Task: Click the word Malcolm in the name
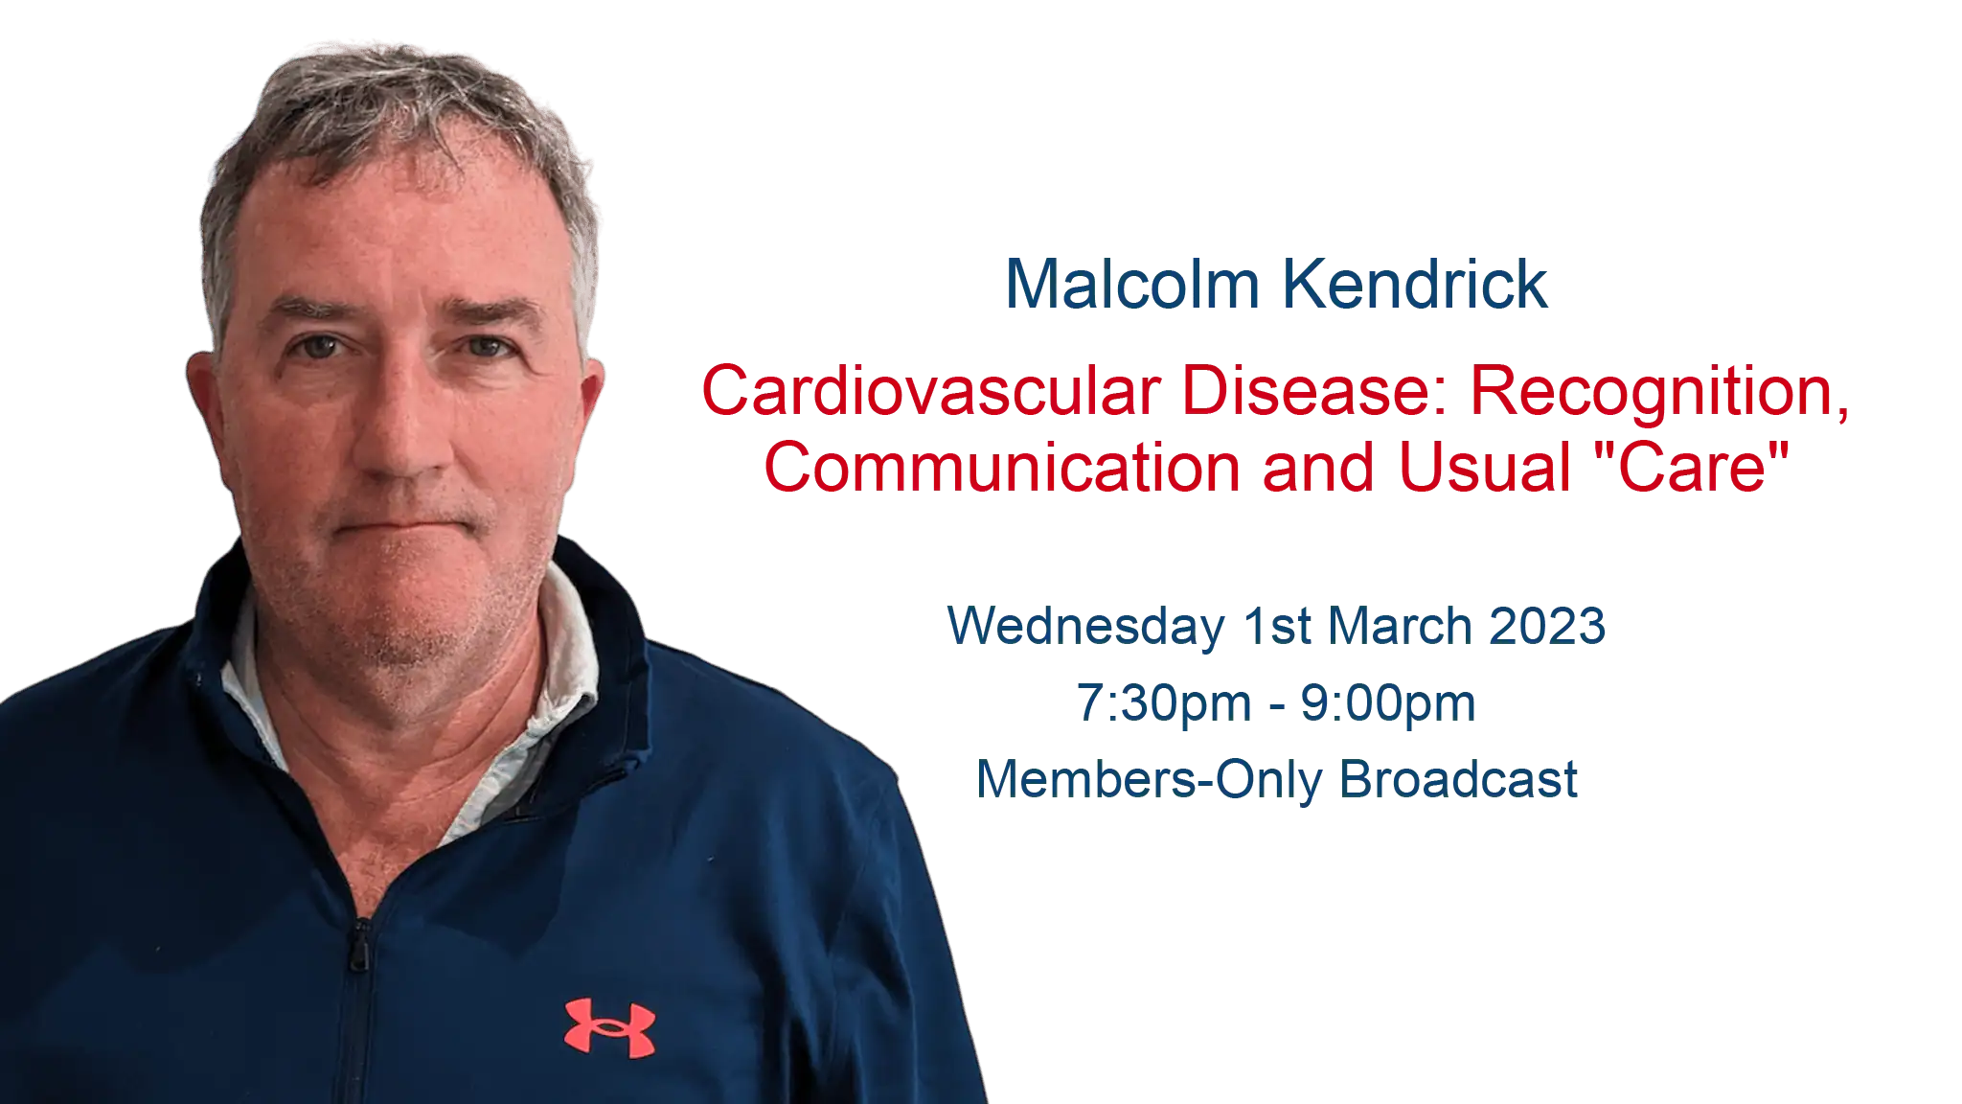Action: (x=1132, y=285)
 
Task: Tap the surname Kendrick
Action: (x=1415, y=285)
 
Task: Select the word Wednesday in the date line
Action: (x=1085, y=628)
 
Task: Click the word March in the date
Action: (x=1401, y=627)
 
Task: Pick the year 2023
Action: (x=1548, y=627)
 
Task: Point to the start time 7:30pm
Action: (x=1164, y=705)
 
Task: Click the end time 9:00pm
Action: (x=1388, y=705)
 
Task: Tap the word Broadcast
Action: (x=1458, y=779)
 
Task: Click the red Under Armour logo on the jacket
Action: (x=610, y=1028)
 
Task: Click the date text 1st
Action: (x=1277, y=627)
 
